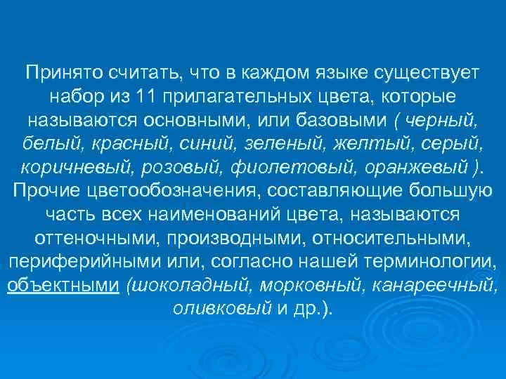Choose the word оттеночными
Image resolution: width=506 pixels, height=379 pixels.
pos(84,237)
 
